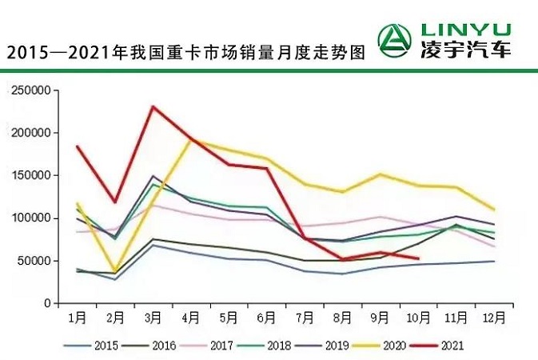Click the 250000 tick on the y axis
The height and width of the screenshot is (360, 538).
(32, 90)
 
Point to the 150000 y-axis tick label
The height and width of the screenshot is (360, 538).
(32, 175)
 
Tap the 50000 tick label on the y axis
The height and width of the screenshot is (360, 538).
(35, 261)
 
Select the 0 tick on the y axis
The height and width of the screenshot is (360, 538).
(48, 304)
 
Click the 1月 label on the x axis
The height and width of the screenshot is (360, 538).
(77, 318)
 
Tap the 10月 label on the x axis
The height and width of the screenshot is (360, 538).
(418, 318)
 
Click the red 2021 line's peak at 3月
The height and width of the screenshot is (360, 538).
(153, 106)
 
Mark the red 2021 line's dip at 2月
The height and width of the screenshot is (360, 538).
(115, 202)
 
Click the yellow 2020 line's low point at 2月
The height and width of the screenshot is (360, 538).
(115, 272)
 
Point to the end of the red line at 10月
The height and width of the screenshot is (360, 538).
(418, 258)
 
